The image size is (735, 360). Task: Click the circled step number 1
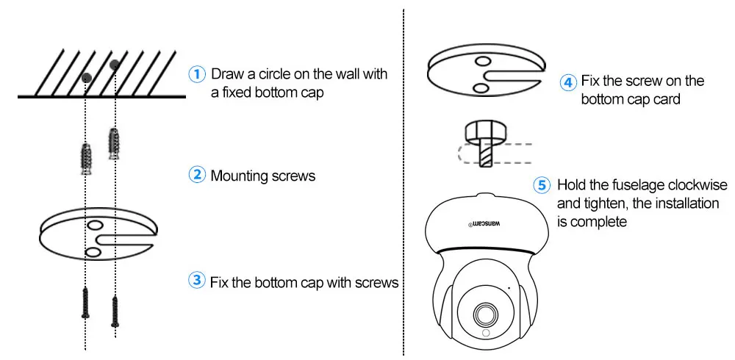197,74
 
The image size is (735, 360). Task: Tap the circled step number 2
197,176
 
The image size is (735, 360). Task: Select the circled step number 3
197,281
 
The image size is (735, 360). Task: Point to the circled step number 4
569,82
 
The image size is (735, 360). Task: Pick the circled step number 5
542,186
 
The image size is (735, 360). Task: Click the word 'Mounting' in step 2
240,176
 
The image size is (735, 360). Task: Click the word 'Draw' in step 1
226,74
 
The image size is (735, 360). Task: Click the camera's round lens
485,313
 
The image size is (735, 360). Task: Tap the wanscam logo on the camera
484,223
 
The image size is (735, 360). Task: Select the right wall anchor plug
113,143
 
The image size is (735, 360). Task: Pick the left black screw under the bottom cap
85,303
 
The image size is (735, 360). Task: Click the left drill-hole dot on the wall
86,78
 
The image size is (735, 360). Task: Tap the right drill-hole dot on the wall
115,65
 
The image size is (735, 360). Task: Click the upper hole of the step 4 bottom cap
482,61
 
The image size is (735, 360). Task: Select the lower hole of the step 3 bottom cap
93,253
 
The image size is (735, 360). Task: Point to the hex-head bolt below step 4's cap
486,144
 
